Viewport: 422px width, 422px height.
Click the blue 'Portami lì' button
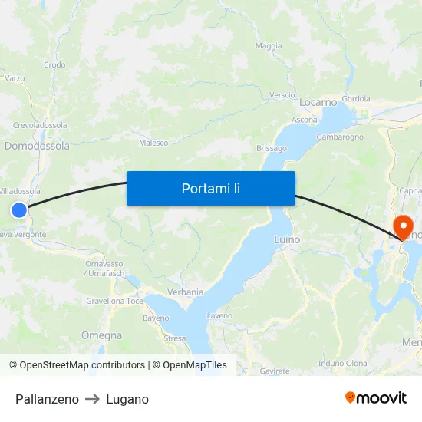(x=211, y=188)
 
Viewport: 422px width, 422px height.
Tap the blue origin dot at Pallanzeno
(x=19, y=209)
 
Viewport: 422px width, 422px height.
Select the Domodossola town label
(x=37, y=146)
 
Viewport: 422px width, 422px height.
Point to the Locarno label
(x=318, y=101)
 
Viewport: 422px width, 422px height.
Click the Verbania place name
(x=185, y=292)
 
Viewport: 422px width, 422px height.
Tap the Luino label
(x=287, y=240)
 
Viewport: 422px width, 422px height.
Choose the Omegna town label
(x=101, y=335)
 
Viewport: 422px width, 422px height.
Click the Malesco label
(x=153, y=143)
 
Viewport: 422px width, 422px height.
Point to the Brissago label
(x=272, y=148)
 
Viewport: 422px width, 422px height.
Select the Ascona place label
(x=305, y=120)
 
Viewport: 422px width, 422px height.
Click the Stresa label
(x=175, y=338)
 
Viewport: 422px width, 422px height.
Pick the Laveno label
(x=219, y=315)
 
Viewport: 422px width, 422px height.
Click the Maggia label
(x=269, y=46)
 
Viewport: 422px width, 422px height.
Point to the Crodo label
(x=54, y=65)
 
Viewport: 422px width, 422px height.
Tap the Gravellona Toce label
(x=114, y=301)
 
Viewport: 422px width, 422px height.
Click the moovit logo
(x=376, y=397)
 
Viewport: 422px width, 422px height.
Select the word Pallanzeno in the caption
(x=47, y=399)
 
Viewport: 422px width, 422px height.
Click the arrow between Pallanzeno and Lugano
(x=92, y=399)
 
